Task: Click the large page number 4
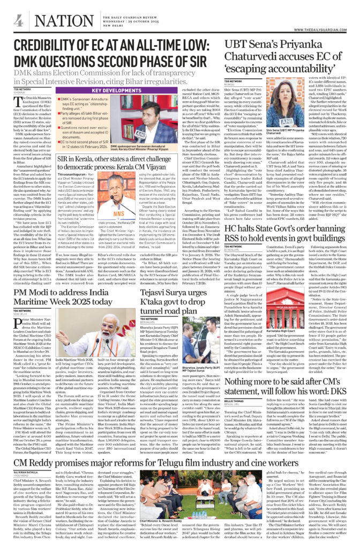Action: click(18, 21)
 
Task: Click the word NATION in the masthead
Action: click(58, 20)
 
